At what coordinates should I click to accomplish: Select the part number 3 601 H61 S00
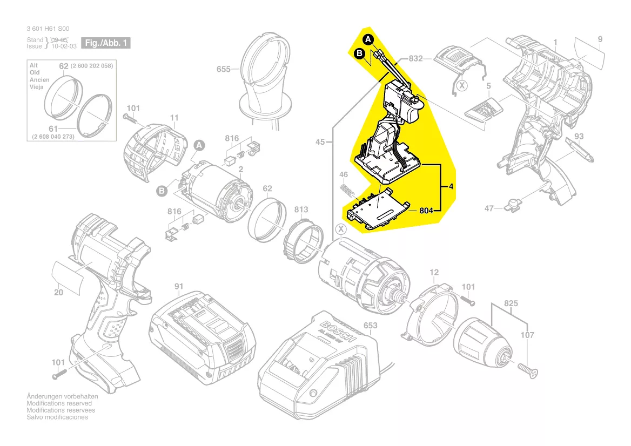click(x=48, y=29)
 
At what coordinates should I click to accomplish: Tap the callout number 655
click(x=224, y=70)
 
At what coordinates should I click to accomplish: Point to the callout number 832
click(x=415, y=58)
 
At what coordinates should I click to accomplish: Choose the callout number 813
click(x=301, y=210)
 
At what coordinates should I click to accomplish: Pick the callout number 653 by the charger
click(x=371, y=326)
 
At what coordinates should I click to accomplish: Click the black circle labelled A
click(x=368, y=39)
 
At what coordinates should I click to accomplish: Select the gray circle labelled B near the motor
click(x=161, y=190)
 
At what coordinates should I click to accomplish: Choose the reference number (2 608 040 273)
click(x=53, y=137)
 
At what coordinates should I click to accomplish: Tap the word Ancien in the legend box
click(x=39, y=80)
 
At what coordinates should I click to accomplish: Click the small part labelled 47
click(x=510, y=205)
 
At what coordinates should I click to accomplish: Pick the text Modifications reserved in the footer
click(x=59, y=403)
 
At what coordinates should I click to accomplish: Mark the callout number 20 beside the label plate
click(x=58, y=293)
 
